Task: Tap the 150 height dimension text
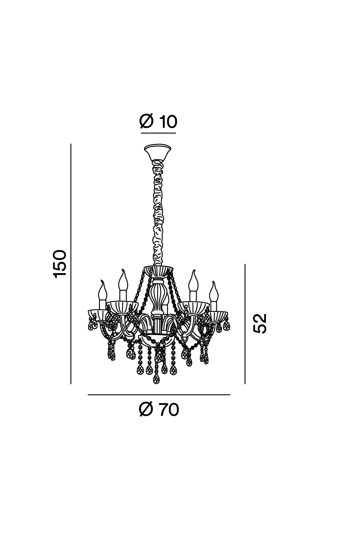coord(59,264)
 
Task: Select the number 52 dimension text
coord(260,324)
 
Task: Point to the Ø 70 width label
coord(159,409)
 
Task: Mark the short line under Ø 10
coord(158,133)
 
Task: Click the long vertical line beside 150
coord(71,264)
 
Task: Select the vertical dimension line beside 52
coord(245,324)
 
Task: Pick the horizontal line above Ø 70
coord(159,395)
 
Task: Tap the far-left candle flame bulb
coord(103,290)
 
